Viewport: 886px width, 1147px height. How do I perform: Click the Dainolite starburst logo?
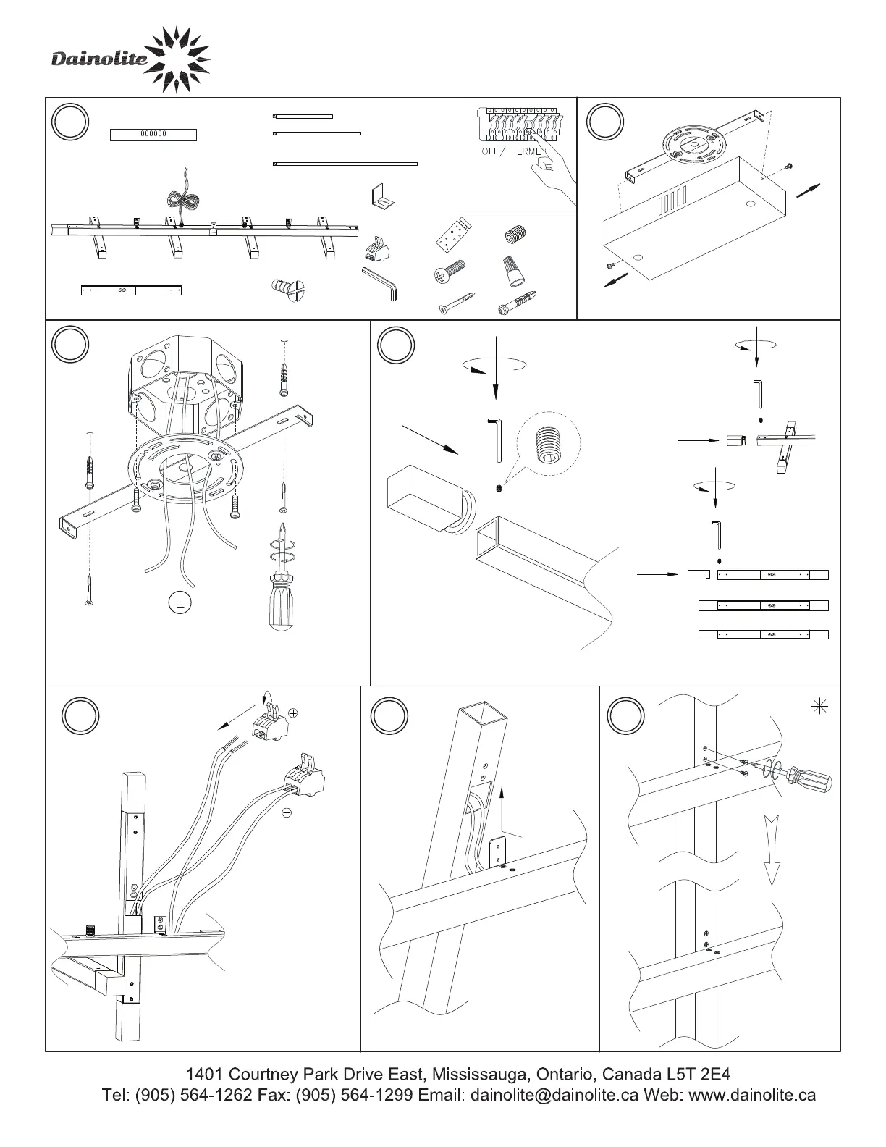[181, 59]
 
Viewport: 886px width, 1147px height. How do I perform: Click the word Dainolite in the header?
[99, 60]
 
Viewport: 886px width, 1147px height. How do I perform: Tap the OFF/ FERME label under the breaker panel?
[512, 151]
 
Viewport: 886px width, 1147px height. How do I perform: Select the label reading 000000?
[153, 134]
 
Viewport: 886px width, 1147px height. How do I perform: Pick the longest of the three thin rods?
[346, 164]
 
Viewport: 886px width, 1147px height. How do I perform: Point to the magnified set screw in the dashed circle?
[548, 443]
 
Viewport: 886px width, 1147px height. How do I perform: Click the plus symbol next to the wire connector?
[293, 713]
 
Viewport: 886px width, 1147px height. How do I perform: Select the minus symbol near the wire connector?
[287, 814]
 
